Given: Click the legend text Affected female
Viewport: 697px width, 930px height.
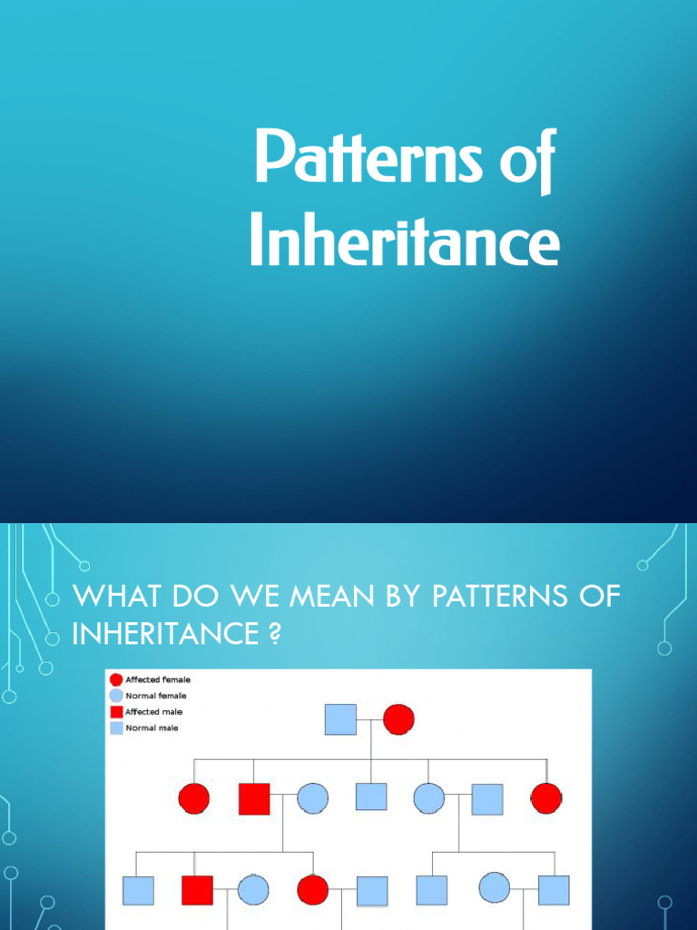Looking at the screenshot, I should tap(157, 679).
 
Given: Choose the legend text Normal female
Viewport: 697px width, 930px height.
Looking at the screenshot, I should tap(155, 696).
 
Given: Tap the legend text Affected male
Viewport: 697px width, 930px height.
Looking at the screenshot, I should tap(153, 712).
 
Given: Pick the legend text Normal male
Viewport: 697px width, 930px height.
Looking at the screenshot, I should tap(152, 727).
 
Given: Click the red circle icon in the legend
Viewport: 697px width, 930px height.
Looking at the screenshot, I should tap(116, 679).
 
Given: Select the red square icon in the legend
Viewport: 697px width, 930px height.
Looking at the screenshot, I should tap(116, 712).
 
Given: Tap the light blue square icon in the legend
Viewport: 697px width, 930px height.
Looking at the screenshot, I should tap(116, 727).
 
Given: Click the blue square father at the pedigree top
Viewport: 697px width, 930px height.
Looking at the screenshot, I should tap(340, 719).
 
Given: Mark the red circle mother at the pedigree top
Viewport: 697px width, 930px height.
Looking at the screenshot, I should tap(398, 719).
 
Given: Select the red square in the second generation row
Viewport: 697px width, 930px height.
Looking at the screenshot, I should tap(254, 798).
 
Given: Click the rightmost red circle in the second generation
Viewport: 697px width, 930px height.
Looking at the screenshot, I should tap(545, 798).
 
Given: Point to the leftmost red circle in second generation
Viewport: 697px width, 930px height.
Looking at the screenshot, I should tap(193, 798).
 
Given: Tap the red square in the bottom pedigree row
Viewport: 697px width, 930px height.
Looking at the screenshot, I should tap(197, 890).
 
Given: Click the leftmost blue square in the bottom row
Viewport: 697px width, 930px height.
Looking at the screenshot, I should tap(137, 891).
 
